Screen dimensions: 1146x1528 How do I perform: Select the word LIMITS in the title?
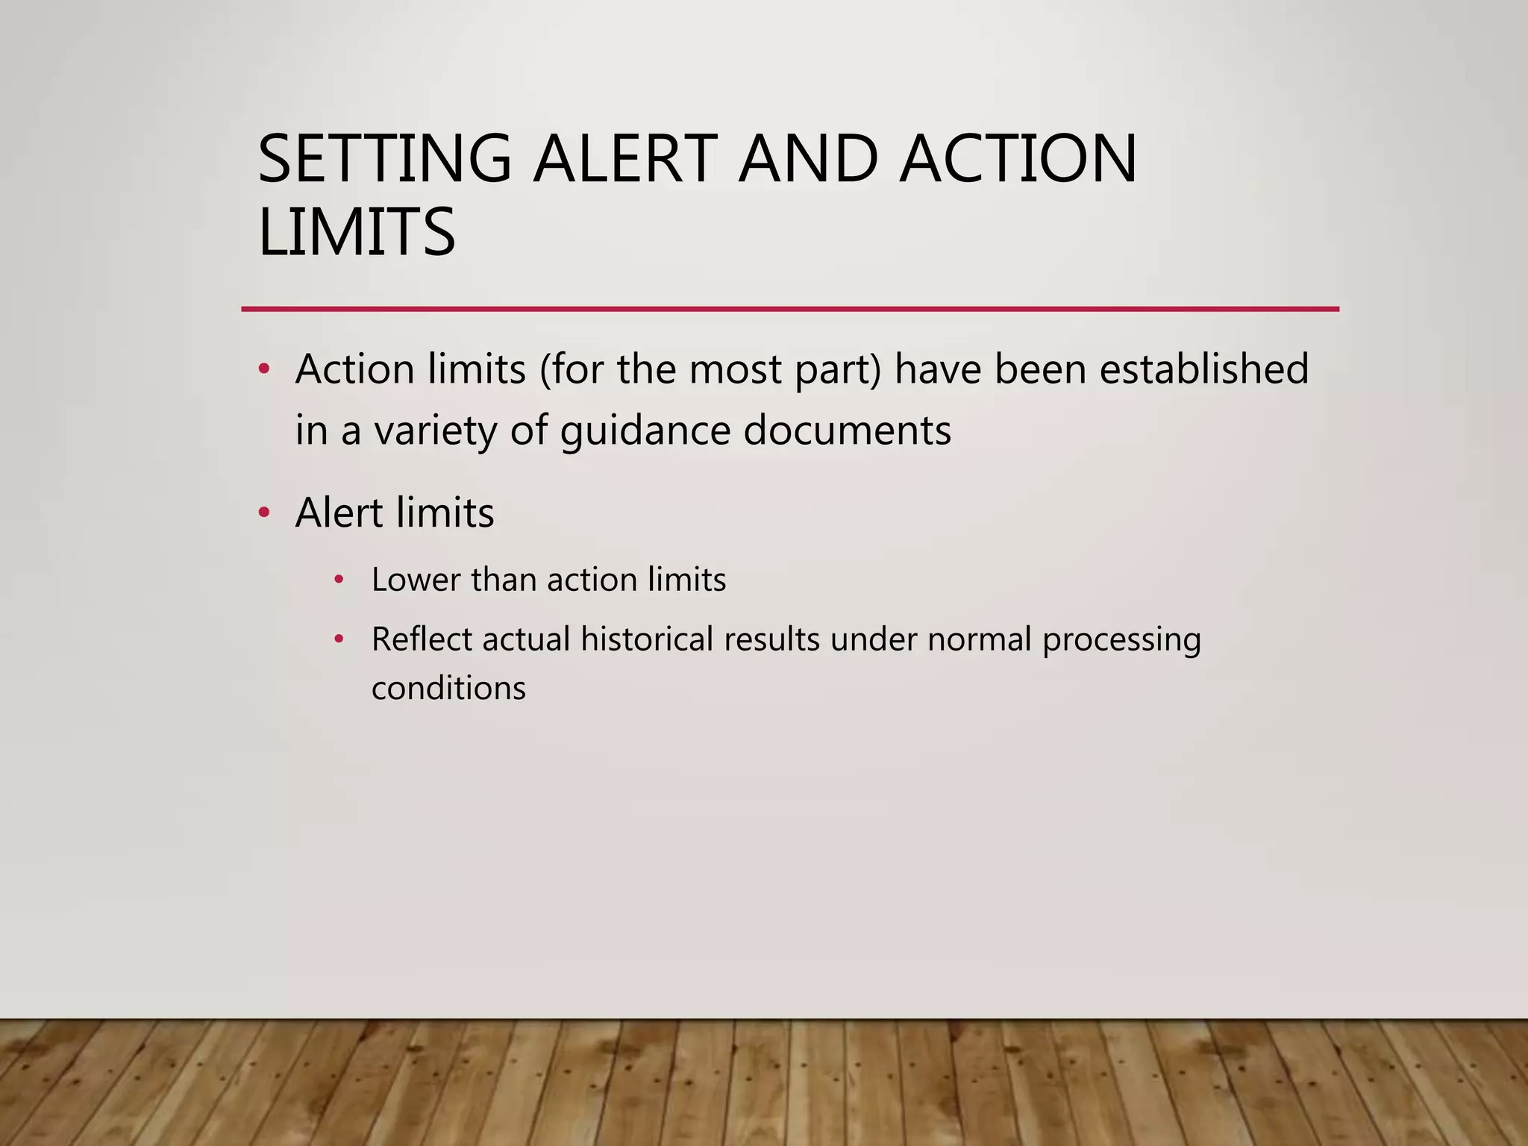coord(356,232)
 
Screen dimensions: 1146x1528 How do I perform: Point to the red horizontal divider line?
coord(789,309)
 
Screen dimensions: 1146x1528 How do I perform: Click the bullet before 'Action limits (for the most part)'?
coord(263,369)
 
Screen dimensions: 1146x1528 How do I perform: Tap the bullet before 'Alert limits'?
coord(263,513)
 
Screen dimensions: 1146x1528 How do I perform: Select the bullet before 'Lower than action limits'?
coord(339,579)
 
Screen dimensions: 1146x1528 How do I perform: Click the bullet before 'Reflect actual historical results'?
coord(339,639)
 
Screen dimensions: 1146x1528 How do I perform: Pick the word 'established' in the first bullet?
coord(1204,369)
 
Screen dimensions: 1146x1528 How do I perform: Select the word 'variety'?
coord(435,432)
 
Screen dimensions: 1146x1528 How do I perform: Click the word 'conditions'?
coord(448,688)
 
